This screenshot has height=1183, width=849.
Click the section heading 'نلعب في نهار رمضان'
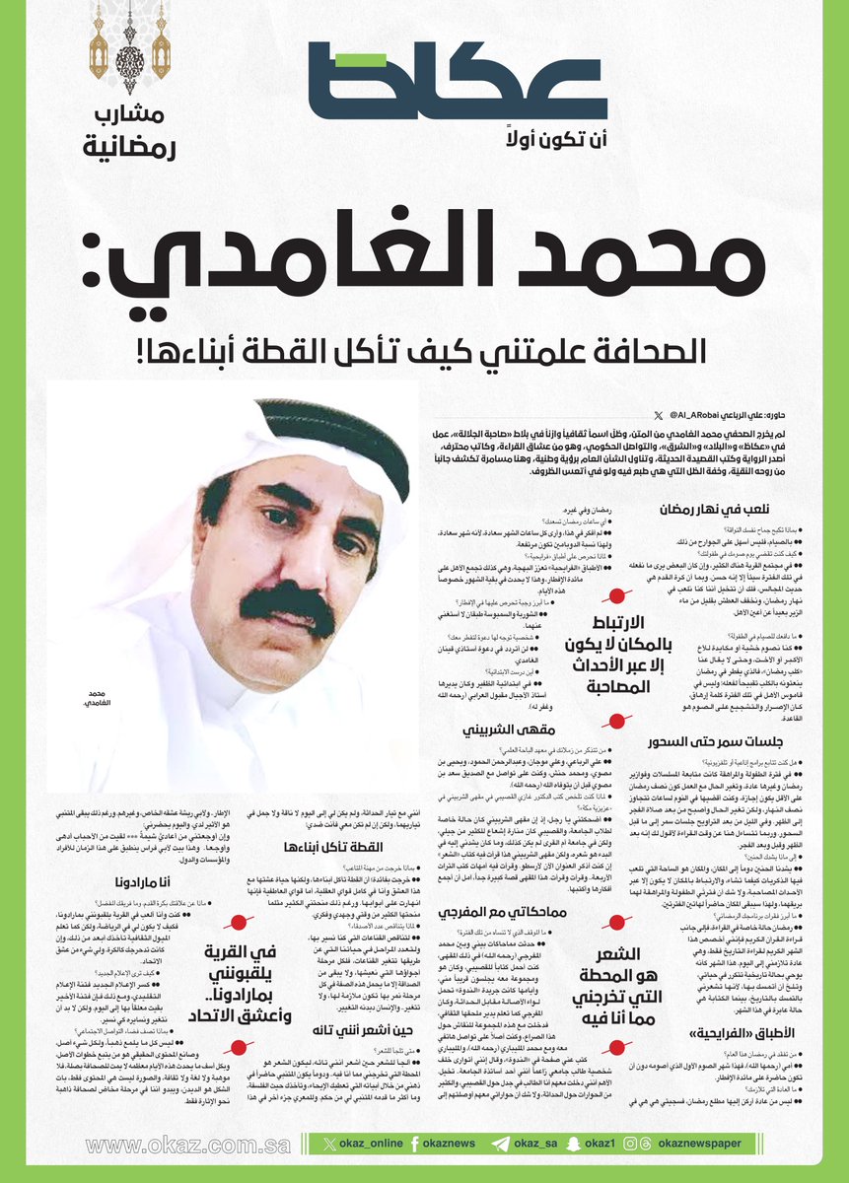[x=716, y=510]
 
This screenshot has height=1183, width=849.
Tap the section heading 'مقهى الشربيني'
[x=498, y=731]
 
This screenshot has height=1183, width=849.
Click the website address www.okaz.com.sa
[x=188, y=1146]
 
